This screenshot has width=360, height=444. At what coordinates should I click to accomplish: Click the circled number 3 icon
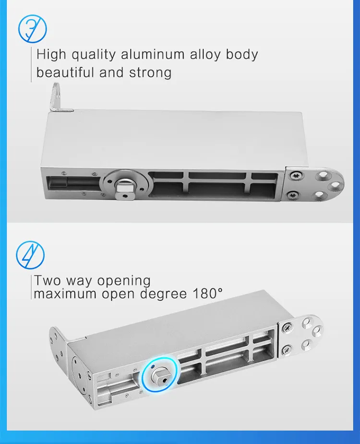32,28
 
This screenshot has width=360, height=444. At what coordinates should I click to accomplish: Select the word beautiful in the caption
65,73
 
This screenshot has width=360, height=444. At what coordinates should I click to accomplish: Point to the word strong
150,73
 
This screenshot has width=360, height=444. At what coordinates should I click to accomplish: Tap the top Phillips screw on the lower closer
287,328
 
